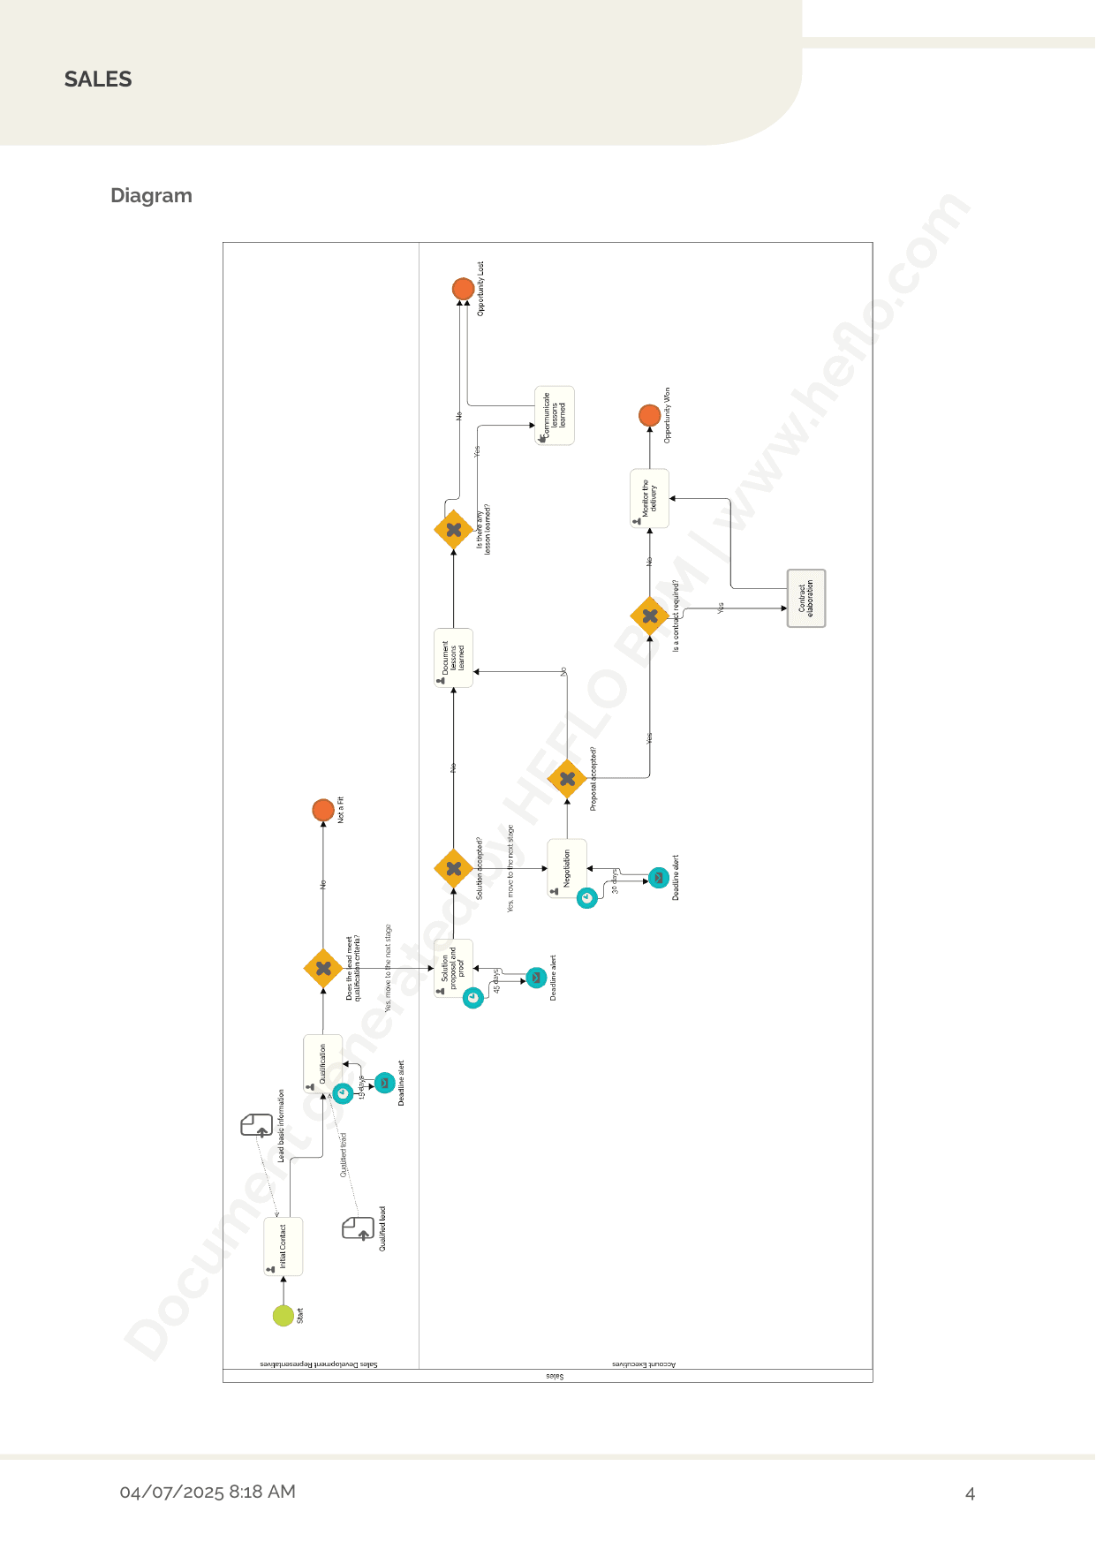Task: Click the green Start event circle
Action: (283, 1315)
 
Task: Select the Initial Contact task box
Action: (283, 1246)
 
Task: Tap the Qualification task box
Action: (322, 1063)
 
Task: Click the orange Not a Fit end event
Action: (323, 810)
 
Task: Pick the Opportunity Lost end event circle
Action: (463, 289)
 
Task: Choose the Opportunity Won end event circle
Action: (650, 415)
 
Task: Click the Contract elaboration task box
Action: (806, 598)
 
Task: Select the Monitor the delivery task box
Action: (650, 498)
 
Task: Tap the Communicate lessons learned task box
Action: (555, 415)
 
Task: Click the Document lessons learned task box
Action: (454, 658)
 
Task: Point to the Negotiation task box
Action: (567, 868)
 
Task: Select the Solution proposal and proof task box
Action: (454, 968)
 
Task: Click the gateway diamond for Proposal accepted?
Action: (567, 778)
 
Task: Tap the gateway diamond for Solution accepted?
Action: (454, 868)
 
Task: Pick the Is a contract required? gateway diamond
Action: (650, 616)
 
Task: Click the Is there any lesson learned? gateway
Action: (454, 530)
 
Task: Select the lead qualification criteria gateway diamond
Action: (323, 968)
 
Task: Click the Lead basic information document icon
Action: (257, 1125)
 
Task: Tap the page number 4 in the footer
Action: (970, 1494)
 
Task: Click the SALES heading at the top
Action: (98, 79)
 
